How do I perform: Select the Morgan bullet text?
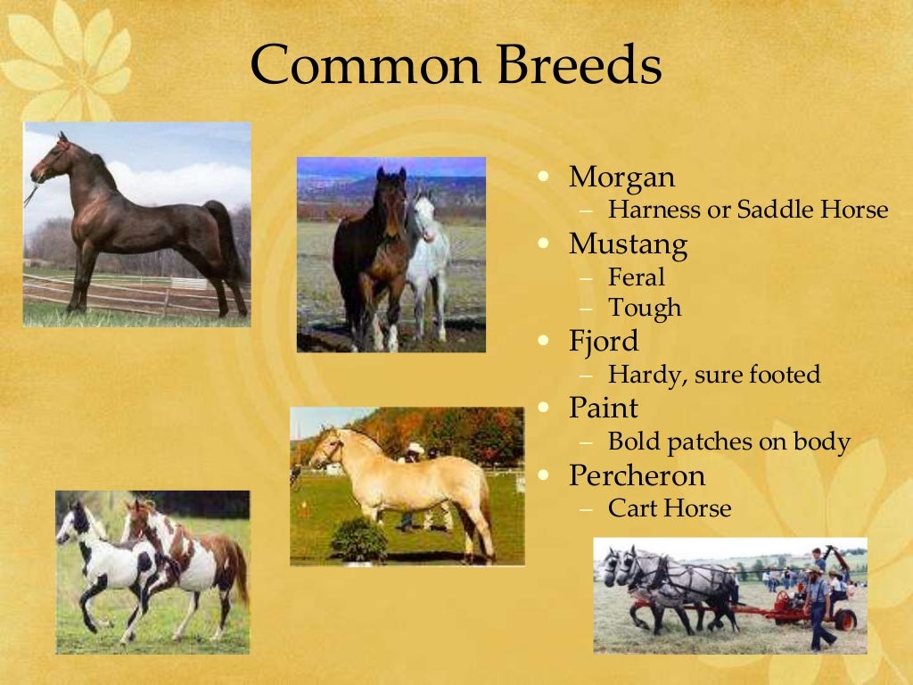[621, 177]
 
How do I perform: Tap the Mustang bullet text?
[628, 243]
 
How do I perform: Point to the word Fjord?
[604, 342]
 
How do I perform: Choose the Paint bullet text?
[604, 408]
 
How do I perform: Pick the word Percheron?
[637, 475]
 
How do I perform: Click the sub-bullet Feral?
[636, 276]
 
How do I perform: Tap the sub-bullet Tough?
[644, 309]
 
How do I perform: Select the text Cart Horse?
[669, 508]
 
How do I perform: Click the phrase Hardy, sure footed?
[713, 375]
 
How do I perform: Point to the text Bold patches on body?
[728, 442]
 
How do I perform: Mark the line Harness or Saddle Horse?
[747, 210]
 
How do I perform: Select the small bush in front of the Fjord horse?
[358, 541]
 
